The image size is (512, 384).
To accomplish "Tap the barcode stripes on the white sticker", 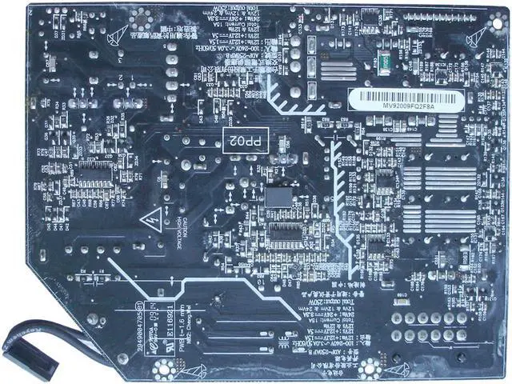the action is click(406, 98).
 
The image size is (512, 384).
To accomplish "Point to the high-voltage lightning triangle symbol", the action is click(150, 219).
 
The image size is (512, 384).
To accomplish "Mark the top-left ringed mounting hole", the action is click(142, 15).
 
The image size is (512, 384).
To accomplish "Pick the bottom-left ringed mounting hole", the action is click(165, 369).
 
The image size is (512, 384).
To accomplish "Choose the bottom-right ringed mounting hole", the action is click(370, 369).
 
